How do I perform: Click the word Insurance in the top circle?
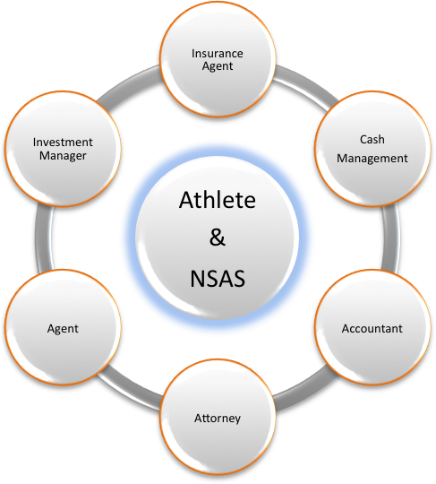[217, 54]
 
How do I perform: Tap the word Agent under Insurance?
[218, 66]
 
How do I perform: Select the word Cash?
[372, 139]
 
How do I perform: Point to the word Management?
[372, 159]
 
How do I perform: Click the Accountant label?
[372, 328]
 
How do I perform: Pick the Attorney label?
[218, 419]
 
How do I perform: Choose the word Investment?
[63, 143]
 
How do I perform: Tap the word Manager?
[63, 156]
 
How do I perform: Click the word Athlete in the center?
[218, 200]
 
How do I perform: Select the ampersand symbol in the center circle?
[218, 237]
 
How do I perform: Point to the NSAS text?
[218, 279]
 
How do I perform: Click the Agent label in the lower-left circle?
[63, 329]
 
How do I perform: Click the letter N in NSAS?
[197, 279]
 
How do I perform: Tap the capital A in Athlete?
[187, 200]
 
